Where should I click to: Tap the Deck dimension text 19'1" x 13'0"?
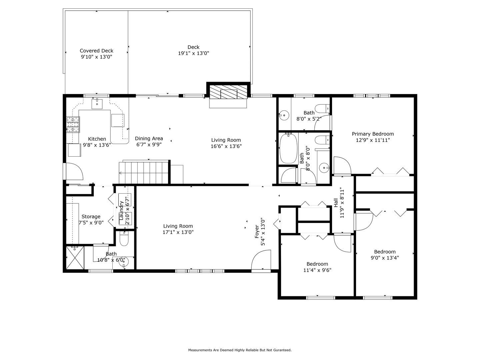coord(194,53)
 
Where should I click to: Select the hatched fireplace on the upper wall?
coord(229,92)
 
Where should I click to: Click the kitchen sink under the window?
coord(97,104)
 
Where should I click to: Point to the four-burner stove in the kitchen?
coord(73,125)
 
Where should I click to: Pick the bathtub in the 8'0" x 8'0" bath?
coord(288,148)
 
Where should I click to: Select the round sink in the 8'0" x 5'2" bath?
coord(284,115)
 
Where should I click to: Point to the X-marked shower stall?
coord(75,258)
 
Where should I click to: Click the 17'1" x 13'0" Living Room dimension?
coord(178,232)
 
